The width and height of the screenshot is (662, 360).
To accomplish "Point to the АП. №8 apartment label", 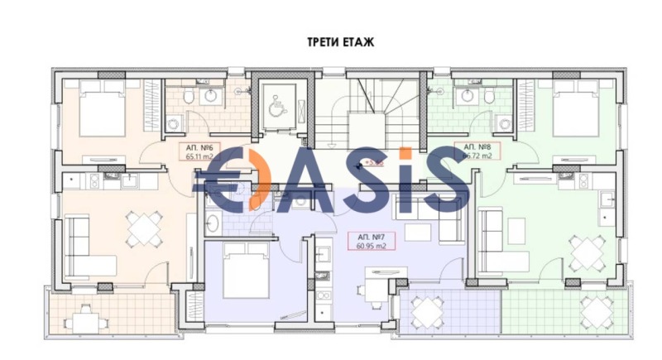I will click(477, 150).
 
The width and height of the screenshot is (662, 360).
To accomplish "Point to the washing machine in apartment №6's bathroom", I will click(175, 124).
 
